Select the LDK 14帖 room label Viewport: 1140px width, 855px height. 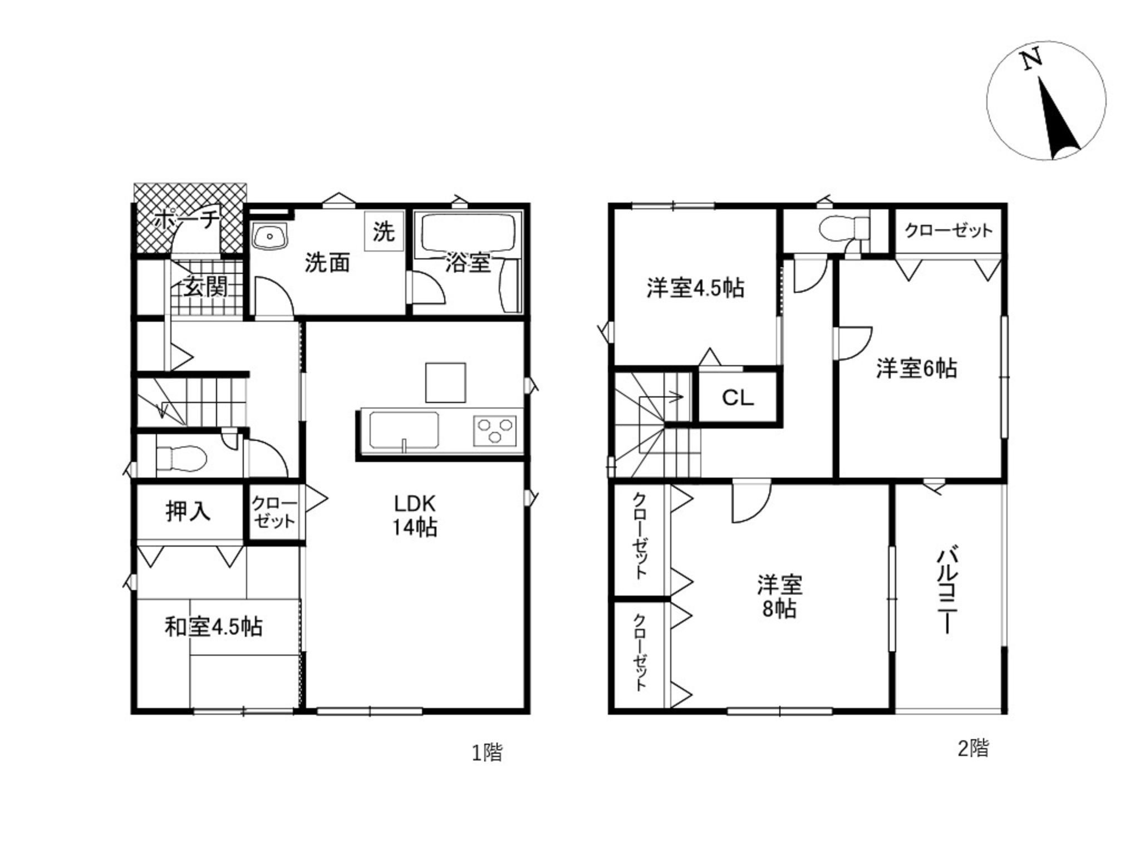click(415, 515)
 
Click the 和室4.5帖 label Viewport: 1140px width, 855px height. click(214, 627)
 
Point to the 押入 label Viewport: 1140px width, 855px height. click(188, 511)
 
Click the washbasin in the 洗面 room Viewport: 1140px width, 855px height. click(269, 236)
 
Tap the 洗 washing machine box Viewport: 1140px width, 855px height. click(384, 231)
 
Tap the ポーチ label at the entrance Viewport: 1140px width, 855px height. click(187, 220)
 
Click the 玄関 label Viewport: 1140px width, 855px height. click(206, 287)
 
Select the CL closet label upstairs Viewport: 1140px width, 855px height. click(738, 397)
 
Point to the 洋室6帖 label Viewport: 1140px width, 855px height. click(917, 368)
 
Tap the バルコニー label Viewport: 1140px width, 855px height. click(947, 591)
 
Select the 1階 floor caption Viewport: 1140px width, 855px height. click(488, 753)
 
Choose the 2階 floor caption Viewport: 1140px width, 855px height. click(973, 748)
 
